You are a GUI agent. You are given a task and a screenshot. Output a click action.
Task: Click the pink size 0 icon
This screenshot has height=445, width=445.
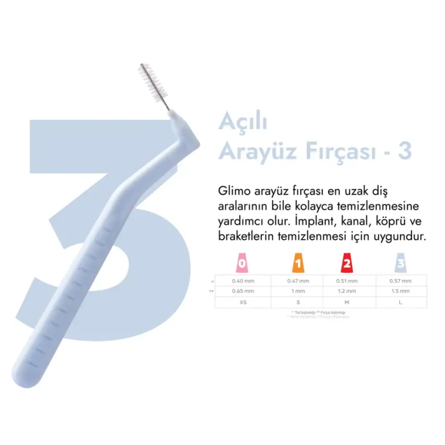pos(242,264)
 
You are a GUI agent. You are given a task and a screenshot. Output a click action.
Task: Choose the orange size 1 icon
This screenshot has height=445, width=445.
pos(297,264)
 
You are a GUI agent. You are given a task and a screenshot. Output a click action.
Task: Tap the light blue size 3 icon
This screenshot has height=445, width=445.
pos(400,264)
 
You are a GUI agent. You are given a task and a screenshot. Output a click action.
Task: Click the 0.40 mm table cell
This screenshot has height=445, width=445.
pos(242,281)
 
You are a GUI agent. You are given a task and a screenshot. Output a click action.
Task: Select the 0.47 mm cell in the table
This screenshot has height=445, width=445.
pos(297,281)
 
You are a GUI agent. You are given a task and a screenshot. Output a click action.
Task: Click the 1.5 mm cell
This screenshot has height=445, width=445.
pos(400,291)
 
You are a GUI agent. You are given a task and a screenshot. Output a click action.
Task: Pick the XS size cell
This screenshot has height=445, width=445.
pos(242,302)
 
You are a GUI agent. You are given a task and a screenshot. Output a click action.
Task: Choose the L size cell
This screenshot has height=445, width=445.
pos(400,302)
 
